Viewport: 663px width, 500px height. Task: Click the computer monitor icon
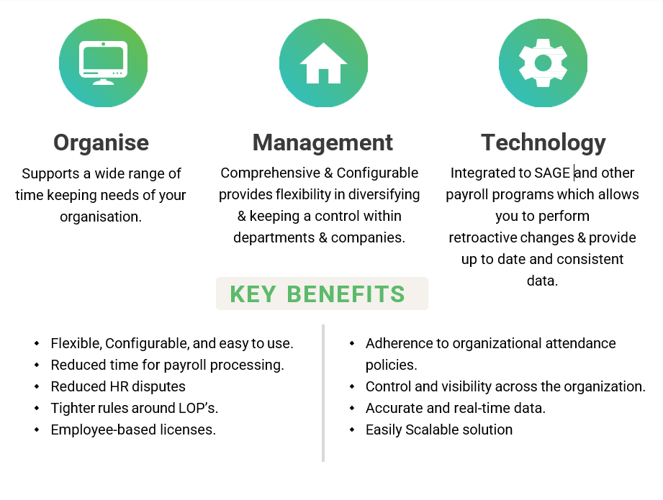pyautogui.click(x=103, y=63)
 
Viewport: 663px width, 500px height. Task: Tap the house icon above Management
pyautogui.click(x=323, y=63)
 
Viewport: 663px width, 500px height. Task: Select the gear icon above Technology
pyautogui.click(x=543, y=63)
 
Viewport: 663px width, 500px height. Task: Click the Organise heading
pyautogui.click(x=102, y=142)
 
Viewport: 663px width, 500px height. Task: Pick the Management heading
pyautogui.click(x=323, y=142)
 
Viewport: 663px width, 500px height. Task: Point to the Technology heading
pyautogui.click(x=543, y=142)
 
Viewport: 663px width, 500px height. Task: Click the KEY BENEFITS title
pyautogui.click(x=317, y=294)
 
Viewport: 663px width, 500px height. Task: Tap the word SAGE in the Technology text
pyautogui.click(x=552, y=173)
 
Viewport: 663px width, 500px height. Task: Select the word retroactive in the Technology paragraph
pyautogui.click(x=482, y=237)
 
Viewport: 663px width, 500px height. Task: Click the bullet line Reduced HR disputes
pyautogui.click(x=118, y=386)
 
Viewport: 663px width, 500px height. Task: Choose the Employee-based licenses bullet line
pyautogui.click(x=133, y=429)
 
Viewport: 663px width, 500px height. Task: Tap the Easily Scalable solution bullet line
pyautogui.click(x=439, y=429)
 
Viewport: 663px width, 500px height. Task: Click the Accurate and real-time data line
pyautogui.click(x=455, y=408)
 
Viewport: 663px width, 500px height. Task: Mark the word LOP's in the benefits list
pyautogui.click(x=197, y=408)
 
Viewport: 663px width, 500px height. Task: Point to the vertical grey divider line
pyautogui.click(x=323, y=392)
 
